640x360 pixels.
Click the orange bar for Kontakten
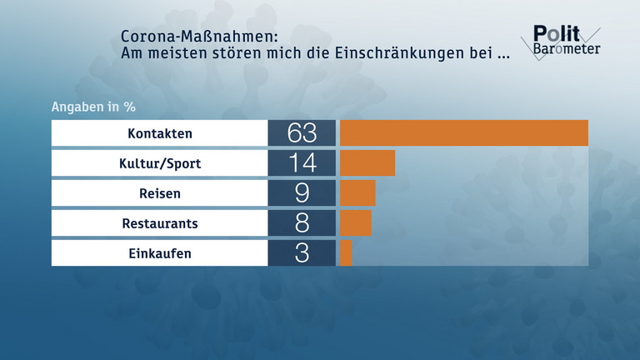point(464,133)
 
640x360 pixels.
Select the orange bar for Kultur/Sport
point(367,163)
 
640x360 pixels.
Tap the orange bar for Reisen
point(357,193)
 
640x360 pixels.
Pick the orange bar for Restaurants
point(356,223)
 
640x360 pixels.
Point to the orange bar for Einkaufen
point(346,253)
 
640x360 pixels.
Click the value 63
point(302,133)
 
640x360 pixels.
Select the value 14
point(302,163)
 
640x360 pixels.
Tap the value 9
point(302,193)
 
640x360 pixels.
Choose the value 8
point(302,223)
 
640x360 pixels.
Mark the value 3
point(302,253)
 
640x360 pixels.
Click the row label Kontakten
point(160,133)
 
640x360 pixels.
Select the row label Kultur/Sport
point(160,163)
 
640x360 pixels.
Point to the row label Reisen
point(160,193)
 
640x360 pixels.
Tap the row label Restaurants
point(160,223)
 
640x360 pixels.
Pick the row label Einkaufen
point(160,253)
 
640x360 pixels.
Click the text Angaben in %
point(93,107)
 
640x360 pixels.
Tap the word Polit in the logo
point(551,32)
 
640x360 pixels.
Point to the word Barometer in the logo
point(566,48)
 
